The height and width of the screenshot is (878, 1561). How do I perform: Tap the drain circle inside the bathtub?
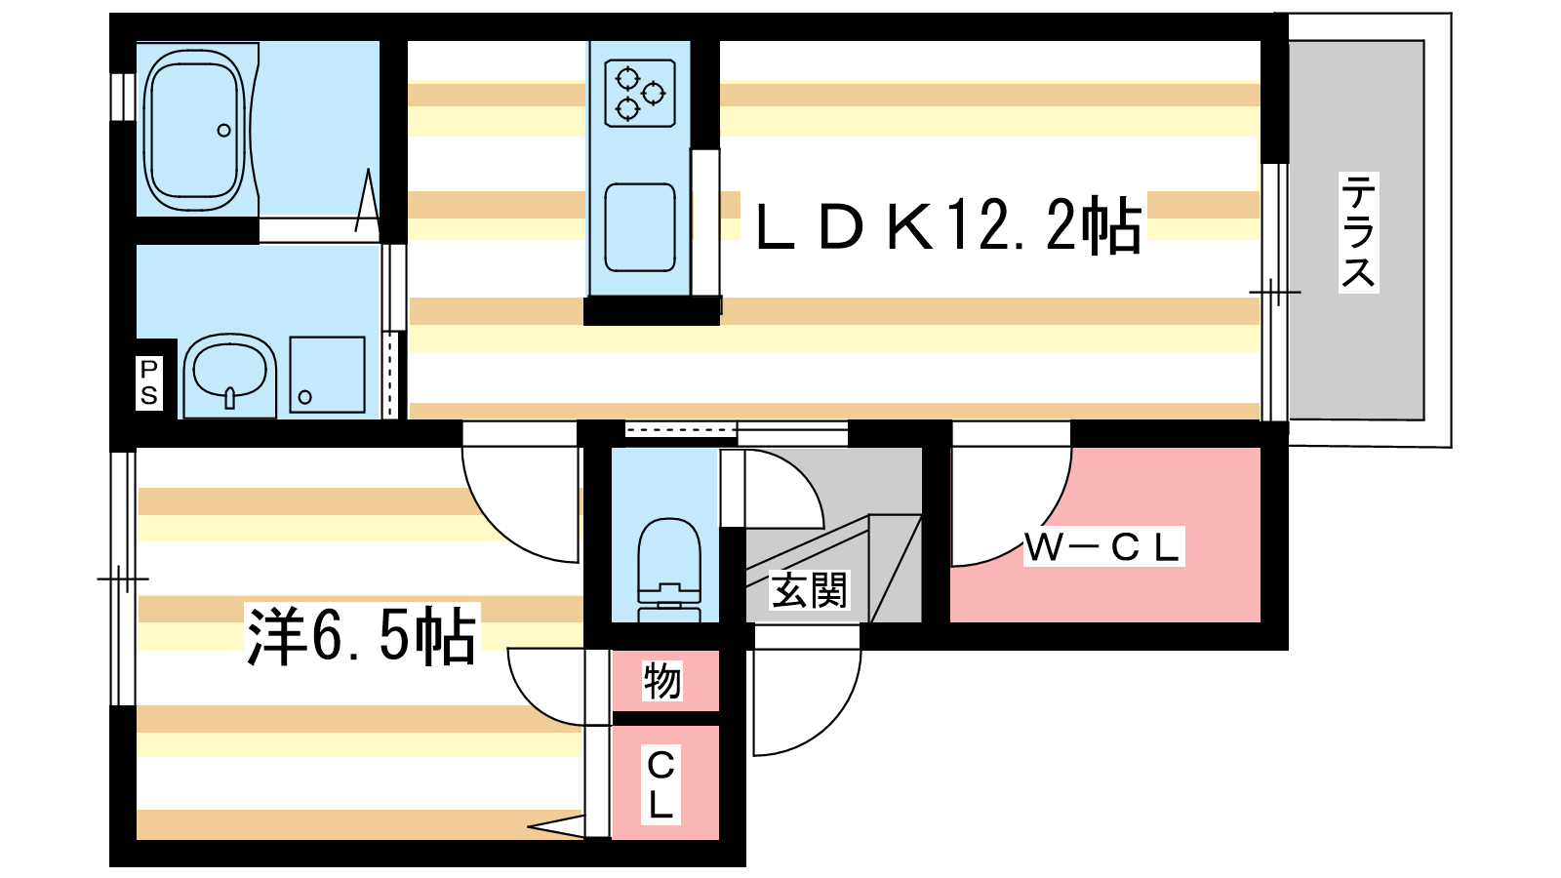coord(224,131)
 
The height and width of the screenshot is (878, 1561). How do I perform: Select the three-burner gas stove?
coord(640,94)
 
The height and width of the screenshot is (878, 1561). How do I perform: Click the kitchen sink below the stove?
coord(640,227)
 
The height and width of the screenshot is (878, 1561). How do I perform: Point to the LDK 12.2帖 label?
coord(947,225)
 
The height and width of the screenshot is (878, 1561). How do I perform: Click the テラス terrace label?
coord(1357,232)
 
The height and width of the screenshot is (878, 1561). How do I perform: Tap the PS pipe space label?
coord(148,382)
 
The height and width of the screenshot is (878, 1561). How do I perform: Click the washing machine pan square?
coord(327,376)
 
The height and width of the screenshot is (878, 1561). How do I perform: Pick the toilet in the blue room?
coord(669,566)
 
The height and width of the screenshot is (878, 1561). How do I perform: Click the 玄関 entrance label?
coord(809,589)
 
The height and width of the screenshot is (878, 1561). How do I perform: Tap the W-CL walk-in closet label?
coord(1102,547)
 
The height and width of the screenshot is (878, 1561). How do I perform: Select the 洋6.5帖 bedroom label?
coord(361,635)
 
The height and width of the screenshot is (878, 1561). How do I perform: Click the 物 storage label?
coord(661,680)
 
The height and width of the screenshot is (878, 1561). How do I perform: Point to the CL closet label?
coord(660,784)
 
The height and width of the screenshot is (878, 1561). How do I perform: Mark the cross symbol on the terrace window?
coord(1275,292)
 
